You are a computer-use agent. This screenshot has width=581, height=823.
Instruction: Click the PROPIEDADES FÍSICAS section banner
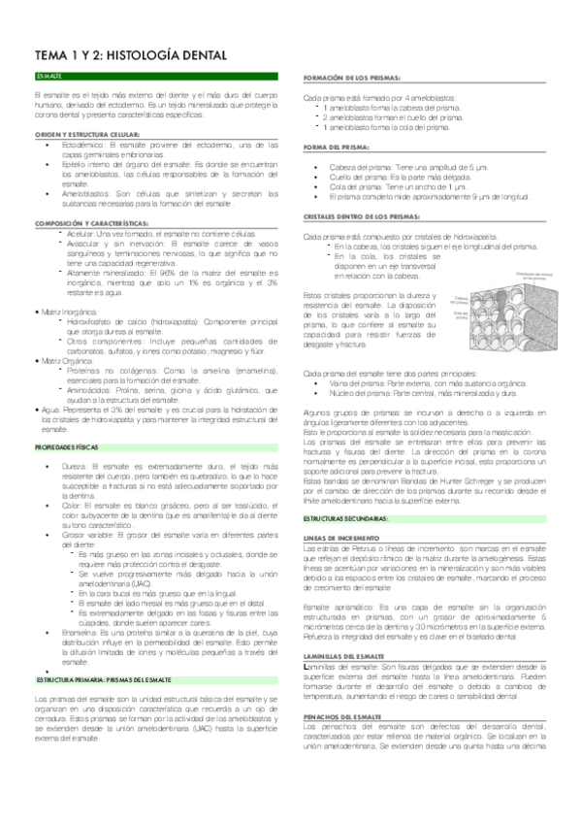(x=67, y=446)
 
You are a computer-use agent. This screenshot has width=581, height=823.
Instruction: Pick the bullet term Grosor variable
(x=88, y=534)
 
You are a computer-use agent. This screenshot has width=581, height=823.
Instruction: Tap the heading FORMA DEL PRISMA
(x=337, y=146)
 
